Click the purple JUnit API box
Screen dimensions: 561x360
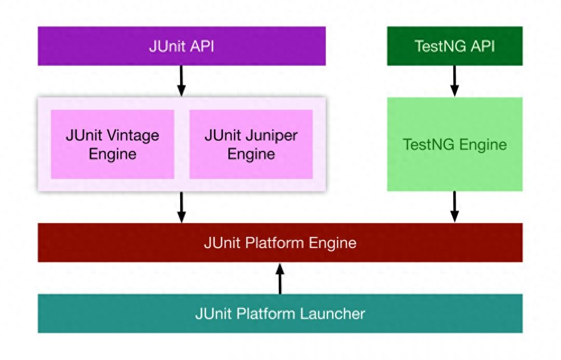click(x=182, y=46)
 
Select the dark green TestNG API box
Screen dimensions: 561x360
click(x=455, y=46)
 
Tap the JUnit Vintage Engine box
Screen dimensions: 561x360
click(x=112, y=145)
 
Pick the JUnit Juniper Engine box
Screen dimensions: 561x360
click(x=251, y=145)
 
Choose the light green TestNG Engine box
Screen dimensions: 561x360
click(x=455, y=145)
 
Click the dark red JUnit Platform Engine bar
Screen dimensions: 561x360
click(x=280, y=243)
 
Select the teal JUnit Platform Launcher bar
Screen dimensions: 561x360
click(x=280, y=313)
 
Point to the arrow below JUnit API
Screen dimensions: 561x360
click(x=182, y=81)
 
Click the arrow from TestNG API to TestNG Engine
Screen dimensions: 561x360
click(x=454, y=81)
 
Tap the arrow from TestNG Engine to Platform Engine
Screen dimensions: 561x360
click(x=454, y=207)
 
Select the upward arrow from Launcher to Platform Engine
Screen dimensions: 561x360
click(x=280, y=279)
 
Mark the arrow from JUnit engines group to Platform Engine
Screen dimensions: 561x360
click(x=182, y=207)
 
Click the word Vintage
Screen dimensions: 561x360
click(x=133, y=136)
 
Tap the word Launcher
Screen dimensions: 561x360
click(x=332, y=313)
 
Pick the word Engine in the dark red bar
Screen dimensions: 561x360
click(x=332, y=243)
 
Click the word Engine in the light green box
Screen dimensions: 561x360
click(x=483, y=145)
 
